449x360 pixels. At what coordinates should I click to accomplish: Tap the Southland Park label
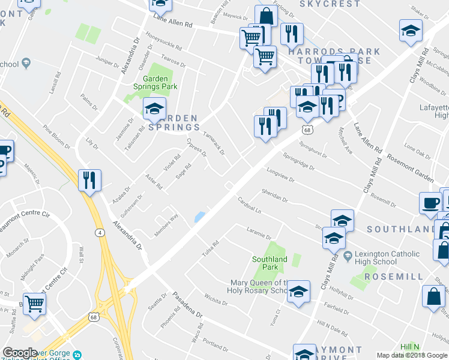click(x=269, y=263)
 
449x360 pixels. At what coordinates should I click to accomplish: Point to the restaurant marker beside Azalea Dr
click(x=89, y=179)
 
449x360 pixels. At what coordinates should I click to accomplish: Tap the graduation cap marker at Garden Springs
click(x=154, y=108)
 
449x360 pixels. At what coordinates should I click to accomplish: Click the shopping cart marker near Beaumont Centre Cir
click(x=34, y=304)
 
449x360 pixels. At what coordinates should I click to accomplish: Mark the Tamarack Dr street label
click(x=214, y=143)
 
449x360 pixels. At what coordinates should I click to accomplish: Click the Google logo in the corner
click(x=20, y=353)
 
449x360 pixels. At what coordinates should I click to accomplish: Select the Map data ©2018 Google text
click(x=412, y=355)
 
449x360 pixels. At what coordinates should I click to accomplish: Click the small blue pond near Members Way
click(x=199, y=217)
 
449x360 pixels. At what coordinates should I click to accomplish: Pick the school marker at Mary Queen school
click(x=298, y=292)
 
